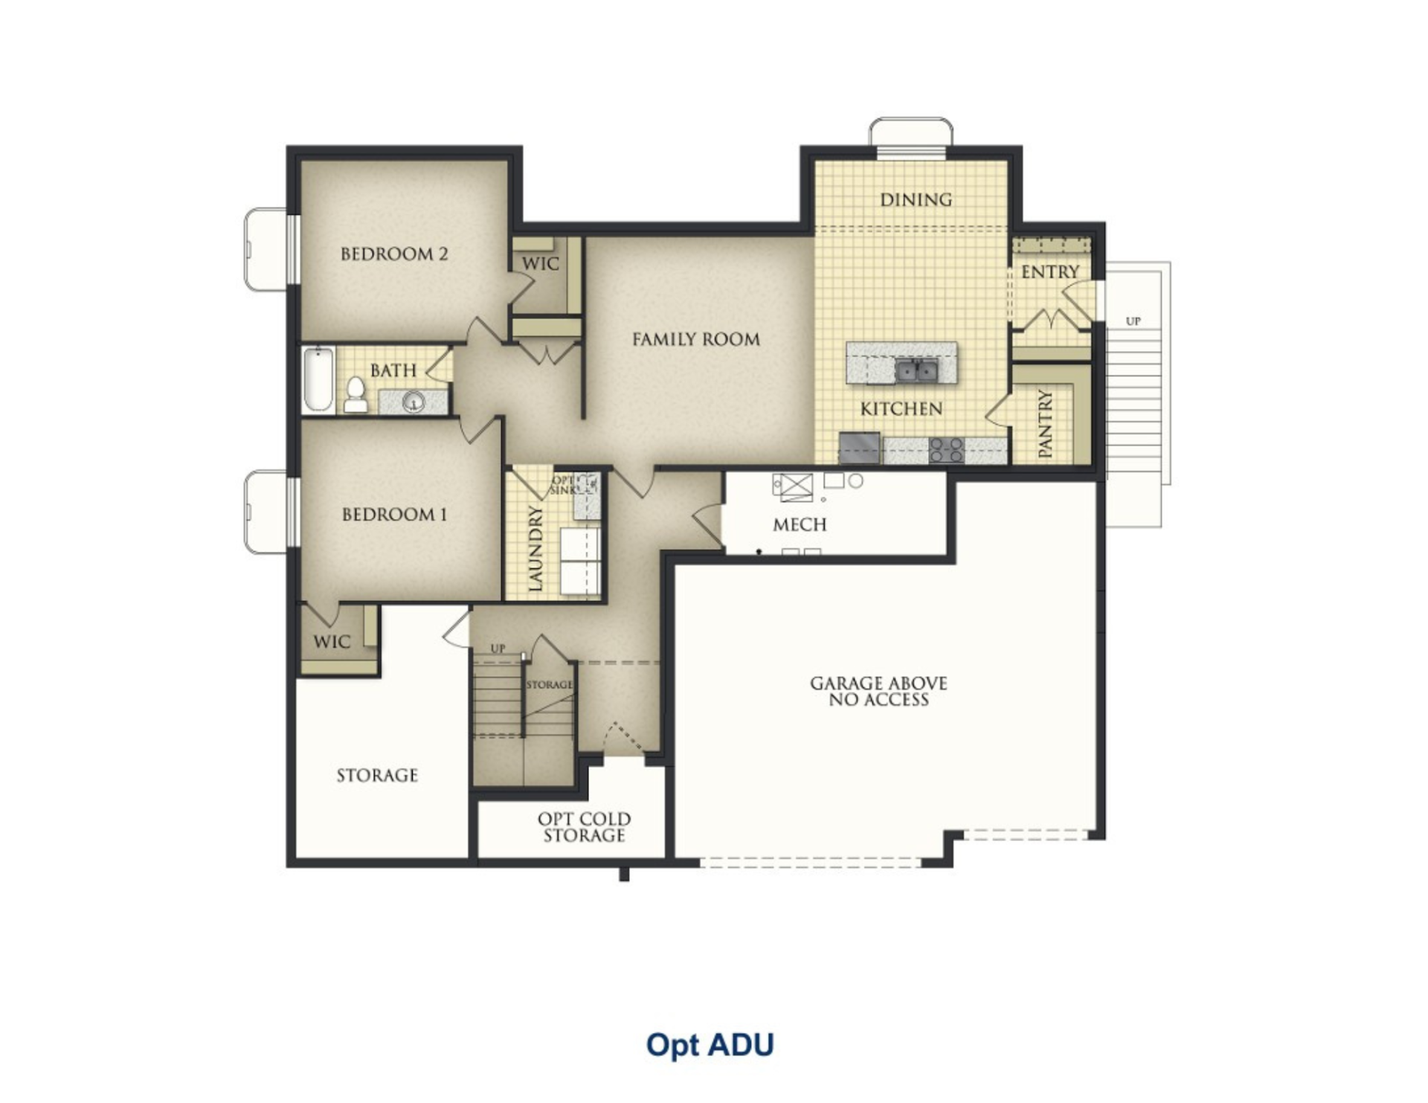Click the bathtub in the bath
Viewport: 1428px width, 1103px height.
tap(318, 379)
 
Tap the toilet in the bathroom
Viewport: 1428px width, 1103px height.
tap(356, 395)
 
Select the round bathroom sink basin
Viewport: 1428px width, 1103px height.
tap(413, 402)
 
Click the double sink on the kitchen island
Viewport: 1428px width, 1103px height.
tap(916, 370)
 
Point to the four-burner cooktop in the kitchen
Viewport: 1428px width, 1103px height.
tap(947, 450)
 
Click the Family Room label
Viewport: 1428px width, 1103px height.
tap(696, 340)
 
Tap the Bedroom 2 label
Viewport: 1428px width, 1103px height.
tap(394, 254)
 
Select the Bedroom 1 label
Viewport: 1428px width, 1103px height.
tap(394, 515)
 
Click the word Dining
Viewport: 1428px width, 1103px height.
tap(916, 199)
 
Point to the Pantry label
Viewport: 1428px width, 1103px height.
tap(1046, 424)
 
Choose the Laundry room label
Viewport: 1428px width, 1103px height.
tap(535, 549)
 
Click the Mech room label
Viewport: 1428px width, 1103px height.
tap(800, 525)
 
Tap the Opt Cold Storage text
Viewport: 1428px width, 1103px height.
tap(584, 827)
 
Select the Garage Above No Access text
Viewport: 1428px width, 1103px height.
tap(878, 691)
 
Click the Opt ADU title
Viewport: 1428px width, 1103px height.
tap(710, 1045)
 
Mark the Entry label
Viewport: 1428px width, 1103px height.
tap(1049, 272)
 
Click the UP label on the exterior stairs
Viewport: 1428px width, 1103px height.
tap(1133, 321)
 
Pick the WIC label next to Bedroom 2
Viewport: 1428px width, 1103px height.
tap(540, 264)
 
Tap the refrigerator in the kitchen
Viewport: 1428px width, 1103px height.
tap(860, 448)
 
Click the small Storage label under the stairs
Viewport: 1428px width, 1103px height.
tap(550, 684)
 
